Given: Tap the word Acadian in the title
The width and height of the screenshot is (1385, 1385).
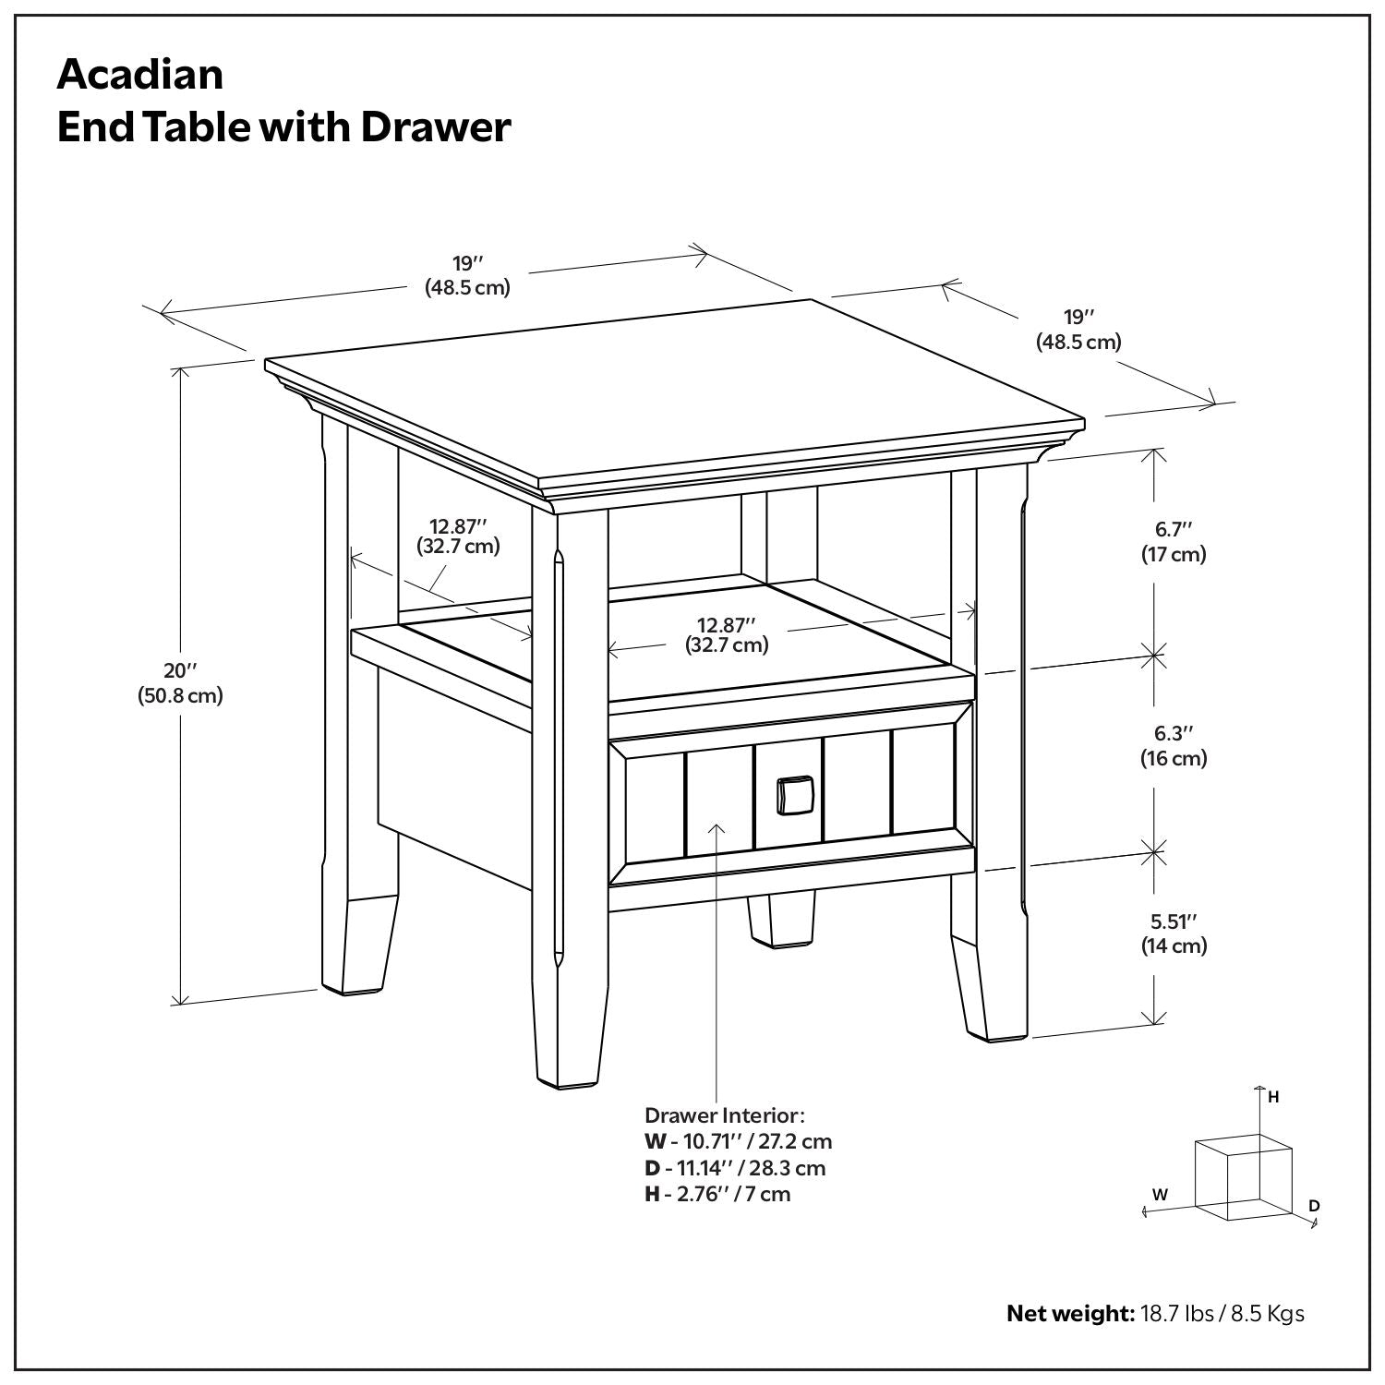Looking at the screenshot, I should (x=140, y=74).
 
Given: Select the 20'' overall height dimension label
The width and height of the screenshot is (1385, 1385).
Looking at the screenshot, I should (x=180, y=683).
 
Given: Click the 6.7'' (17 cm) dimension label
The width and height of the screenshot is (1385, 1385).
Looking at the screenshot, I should (x=1174, y=542).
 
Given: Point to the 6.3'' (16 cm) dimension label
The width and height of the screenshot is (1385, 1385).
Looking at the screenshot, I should (x=1174, y=746).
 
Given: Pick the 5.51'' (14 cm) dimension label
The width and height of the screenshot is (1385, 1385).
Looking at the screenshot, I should (x=1174, y=933).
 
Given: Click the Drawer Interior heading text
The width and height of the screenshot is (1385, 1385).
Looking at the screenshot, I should (x=725, y=1115).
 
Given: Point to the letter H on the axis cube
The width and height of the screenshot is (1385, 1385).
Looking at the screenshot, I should (x=1273, y=1097).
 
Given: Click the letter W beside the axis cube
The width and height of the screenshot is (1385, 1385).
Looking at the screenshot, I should (x=1161, y=1194).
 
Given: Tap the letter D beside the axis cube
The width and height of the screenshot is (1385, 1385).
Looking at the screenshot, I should (x=1314, y=1206).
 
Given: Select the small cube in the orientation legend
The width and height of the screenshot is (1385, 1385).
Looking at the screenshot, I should (x=1242, y=1177).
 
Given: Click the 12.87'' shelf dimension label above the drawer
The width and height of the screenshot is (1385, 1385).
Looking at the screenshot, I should (x=727, y=635).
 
